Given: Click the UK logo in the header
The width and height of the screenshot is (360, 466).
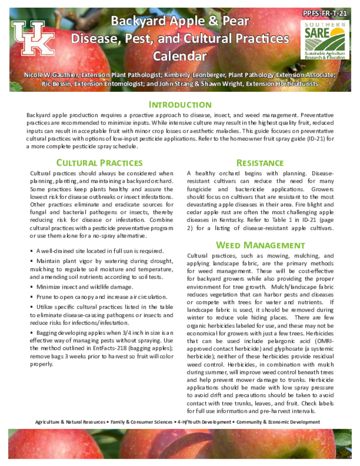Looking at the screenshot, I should [33, 39].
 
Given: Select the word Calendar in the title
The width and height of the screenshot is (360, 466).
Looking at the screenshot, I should [180, 56].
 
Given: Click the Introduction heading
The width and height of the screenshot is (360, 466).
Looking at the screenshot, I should [180, 105].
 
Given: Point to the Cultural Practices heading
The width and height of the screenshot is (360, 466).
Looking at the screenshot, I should [99, 163].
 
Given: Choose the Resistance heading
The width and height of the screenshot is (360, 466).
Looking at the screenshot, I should [260, 163].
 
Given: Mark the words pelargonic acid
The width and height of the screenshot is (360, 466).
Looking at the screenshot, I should [248, 341].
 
